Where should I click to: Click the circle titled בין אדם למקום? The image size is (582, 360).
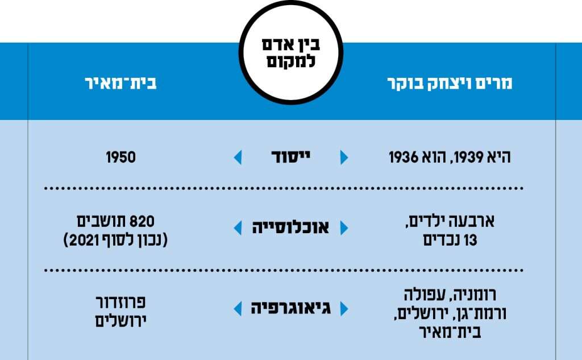(291, 52)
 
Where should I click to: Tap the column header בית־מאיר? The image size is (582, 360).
(120, 83)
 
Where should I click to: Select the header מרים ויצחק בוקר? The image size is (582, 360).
(450, 83)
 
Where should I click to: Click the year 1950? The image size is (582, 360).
(120, 157)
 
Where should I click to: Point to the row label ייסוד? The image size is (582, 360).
(290, 157)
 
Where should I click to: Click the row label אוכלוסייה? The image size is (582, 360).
(290, 227)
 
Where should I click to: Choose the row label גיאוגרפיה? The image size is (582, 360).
(290, 308)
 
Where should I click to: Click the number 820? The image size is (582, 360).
(142, 221)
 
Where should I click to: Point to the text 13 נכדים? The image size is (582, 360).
(450, 241)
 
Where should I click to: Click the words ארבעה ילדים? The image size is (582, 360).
(450, 221)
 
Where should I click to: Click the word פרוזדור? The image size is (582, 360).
(120, 302)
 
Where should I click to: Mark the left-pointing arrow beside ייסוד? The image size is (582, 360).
(238, 157)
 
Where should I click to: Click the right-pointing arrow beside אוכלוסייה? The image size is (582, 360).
(344, 227)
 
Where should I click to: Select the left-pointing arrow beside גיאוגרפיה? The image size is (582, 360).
(238, 309)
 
